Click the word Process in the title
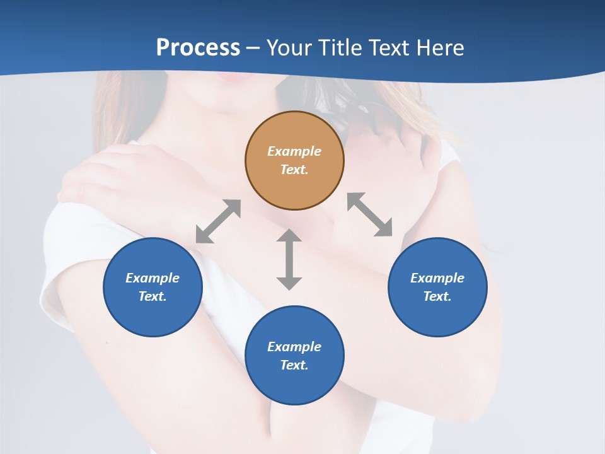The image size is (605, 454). coord(198,48)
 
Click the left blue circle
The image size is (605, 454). coord(153,287)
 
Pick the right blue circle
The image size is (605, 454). coord(437,287)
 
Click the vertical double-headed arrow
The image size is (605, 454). coord(289,259)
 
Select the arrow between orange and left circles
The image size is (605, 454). coord(218,221)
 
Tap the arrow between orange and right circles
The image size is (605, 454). coord(369,214)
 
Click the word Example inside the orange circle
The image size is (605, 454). coord(294,151)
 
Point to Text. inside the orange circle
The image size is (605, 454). coord(294,170)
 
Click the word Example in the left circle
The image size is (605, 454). coord(153,278)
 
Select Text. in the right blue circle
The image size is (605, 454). coord(437,296)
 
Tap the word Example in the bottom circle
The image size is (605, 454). coord(294,347)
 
